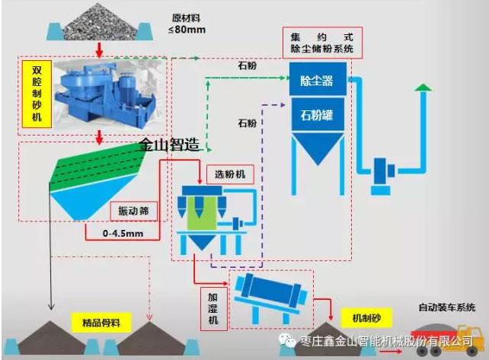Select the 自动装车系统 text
pos(447,307)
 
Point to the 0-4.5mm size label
pos(123,234)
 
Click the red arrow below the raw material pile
pos(98,50)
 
